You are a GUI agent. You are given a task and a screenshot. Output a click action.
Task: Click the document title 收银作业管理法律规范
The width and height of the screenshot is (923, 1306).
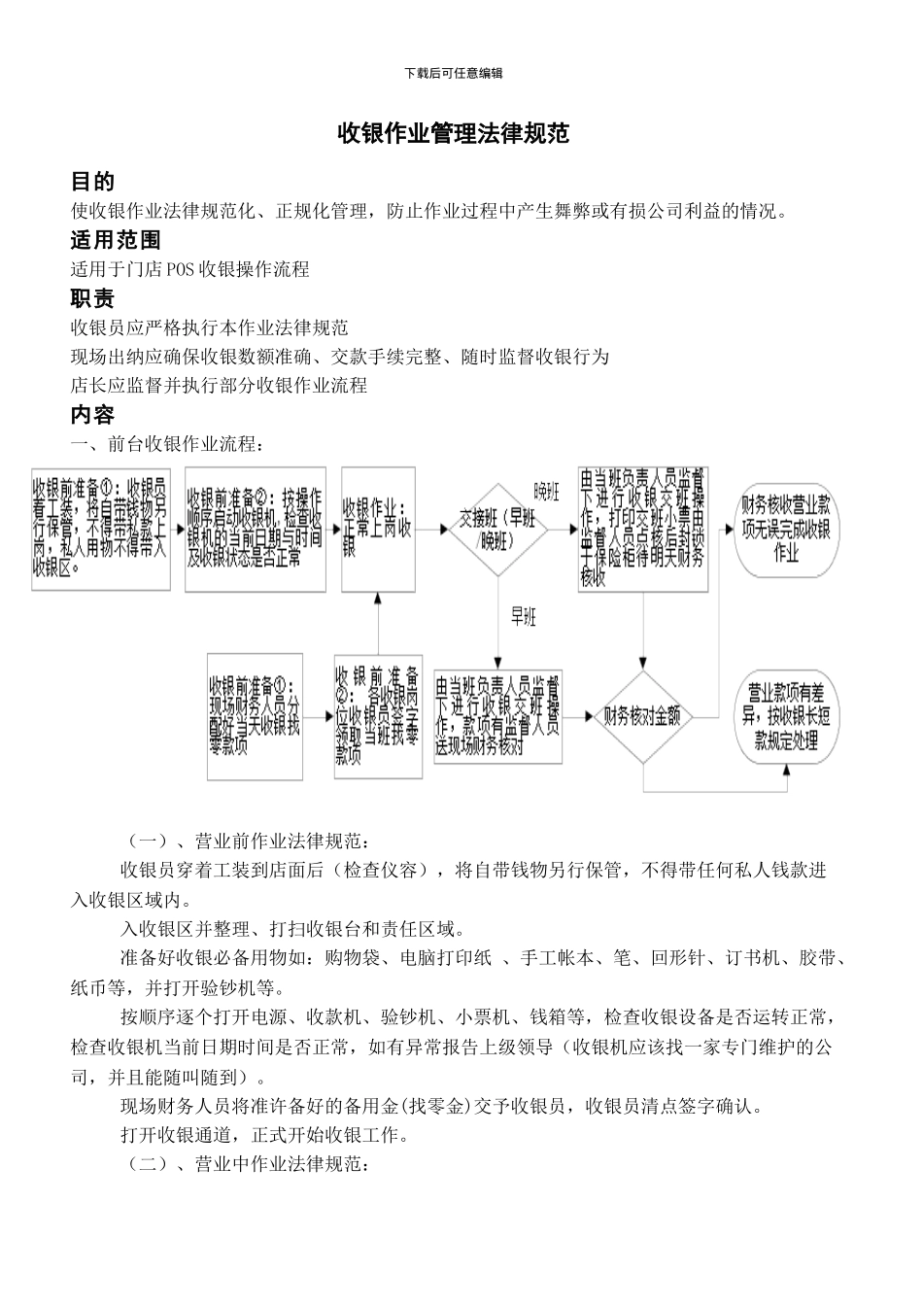[453, 133]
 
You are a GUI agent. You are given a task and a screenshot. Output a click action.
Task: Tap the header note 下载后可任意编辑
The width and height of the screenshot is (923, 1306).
[454, 73]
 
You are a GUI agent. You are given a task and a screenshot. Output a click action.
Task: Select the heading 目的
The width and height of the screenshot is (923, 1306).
[92, 182]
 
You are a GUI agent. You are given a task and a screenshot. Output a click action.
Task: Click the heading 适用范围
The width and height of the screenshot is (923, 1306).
[115, 240]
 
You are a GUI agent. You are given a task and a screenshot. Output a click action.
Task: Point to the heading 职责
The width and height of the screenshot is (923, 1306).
[92, 298]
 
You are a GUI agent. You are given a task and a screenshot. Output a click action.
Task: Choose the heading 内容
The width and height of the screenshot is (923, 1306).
[92, 415]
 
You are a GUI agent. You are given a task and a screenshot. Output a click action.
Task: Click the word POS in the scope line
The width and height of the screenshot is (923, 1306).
[180, 269]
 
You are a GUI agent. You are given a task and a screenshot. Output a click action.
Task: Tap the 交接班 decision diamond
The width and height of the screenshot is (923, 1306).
[497, 529]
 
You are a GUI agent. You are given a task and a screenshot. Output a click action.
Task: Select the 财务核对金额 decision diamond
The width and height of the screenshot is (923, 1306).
[643, 717]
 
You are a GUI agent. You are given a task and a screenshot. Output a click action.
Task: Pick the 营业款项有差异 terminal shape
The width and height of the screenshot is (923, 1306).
[787, 717]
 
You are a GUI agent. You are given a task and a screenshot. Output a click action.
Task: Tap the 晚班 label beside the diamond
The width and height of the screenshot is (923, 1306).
[546, 492]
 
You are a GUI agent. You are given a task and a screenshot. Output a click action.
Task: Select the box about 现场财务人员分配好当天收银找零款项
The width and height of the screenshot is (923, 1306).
[255, 717]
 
